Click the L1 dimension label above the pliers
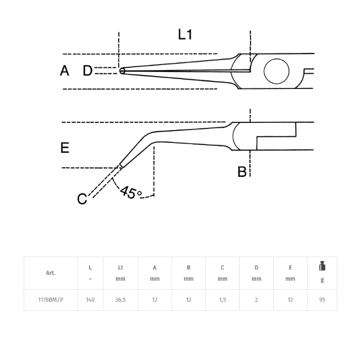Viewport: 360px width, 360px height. tap(185, 34)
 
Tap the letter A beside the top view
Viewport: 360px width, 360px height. tap(64, 70)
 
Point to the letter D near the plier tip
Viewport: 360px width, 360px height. tap(87, 70)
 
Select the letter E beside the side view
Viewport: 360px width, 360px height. tap(65, 148)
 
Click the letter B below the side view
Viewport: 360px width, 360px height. tap(242, 171)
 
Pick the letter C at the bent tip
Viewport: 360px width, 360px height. tap(82, 199)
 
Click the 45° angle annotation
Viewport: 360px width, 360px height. tap(131, 192)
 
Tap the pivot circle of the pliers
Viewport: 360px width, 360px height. tap(277, 71)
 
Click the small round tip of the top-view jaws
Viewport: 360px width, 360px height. tap(122, 71)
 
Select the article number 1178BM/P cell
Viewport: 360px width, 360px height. tap(50, 300)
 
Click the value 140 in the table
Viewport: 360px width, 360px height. tap(90, 300)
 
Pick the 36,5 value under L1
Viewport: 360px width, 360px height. tap(120, 300)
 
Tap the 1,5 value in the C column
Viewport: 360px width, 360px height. tap(223, 300)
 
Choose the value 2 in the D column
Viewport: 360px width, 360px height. tap(256, 300)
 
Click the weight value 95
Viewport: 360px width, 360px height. tap(322, 300)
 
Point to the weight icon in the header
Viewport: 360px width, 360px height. tap(322, 266)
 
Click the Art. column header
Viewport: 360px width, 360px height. tap(50, 273)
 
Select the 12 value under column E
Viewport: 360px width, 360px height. tap(290, 300)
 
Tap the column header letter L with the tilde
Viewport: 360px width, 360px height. tap(90, 273)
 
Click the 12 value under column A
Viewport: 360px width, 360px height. tap(154, 300)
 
